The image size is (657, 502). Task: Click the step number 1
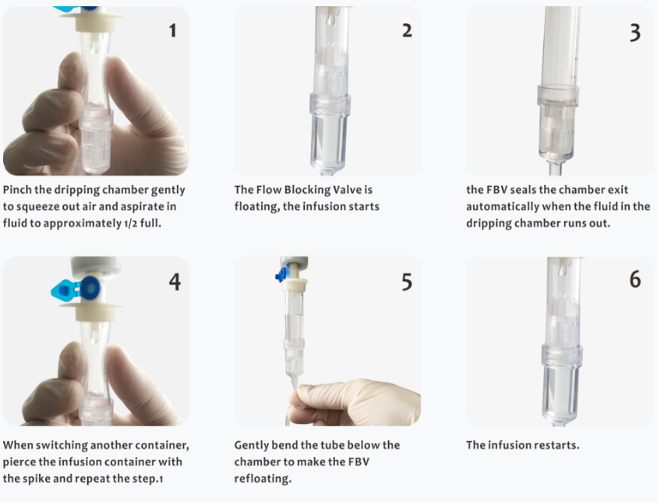(x=172, y=30)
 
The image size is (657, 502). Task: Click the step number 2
(x=406, y=30)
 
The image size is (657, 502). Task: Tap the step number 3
(x=635, y=32)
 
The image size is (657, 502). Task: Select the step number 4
(x=174, y=281)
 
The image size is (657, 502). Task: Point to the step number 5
(x=406, y=281)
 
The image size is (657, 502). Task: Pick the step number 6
(x=635, y=278)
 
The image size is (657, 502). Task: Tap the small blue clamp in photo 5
(x=281, y=275)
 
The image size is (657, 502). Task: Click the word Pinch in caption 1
(x=19, y=190)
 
